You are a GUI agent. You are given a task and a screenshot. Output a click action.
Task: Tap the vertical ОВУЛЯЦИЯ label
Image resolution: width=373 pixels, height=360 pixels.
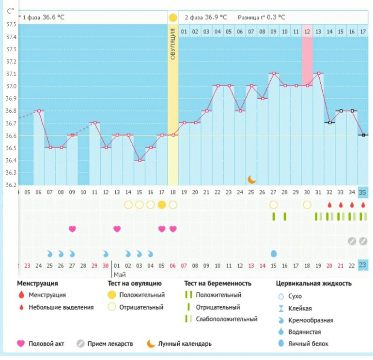click(173, 50)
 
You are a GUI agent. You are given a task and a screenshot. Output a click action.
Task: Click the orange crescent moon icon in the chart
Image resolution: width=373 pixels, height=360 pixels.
click(251, 180)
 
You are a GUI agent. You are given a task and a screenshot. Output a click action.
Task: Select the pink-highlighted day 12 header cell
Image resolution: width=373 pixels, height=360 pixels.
click(307, 32)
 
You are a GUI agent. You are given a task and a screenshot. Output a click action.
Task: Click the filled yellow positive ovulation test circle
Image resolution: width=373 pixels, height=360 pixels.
click(162, 205)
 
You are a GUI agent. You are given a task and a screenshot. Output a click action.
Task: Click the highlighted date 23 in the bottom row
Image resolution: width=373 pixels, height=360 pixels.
click(363, 265)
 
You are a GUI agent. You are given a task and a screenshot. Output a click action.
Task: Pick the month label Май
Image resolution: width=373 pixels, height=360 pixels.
click(120, 274)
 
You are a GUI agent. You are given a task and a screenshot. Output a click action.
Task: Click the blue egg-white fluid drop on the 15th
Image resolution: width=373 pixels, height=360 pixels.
click(274, 254)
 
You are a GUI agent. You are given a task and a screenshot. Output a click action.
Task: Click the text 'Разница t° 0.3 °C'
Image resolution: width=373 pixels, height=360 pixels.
click(261, 17)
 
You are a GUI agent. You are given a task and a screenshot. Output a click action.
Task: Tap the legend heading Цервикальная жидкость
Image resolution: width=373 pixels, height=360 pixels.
click(313, 284)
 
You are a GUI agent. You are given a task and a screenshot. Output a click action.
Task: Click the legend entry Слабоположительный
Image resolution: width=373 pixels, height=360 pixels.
click(226, 319)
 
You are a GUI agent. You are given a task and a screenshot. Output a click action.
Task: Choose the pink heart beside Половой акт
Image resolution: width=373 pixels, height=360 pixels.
click(21, 344)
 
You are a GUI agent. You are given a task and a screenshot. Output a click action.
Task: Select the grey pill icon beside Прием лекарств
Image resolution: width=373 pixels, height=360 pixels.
click(80, 344)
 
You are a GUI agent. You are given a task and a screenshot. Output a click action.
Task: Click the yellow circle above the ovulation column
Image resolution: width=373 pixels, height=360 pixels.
click(173, 18)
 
